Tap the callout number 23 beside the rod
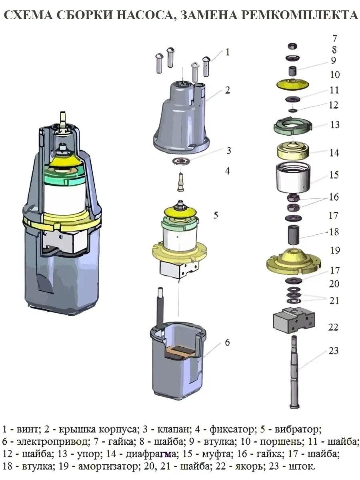(x=334, y=350)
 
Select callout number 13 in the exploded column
(x=334, y=125)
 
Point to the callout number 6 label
(x=227, y=342)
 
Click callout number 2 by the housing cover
(x=227, y=90)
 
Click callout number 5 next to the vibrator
(x=216, y=215)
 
